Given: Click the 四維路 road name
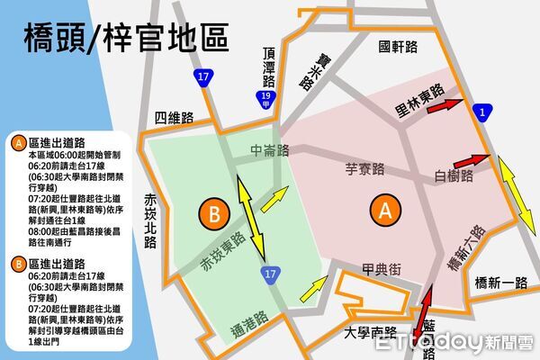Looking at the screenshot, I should tap(174, 117).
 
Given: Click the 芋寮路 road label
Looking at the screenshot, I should tap(366, 166).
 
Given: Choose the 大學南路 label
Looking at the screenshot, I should tap(371, 332).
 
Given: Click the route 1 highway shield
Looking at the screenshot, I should tap(485, 112).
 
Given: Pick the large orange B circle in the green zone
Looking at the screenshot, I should tap(213, 214).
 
